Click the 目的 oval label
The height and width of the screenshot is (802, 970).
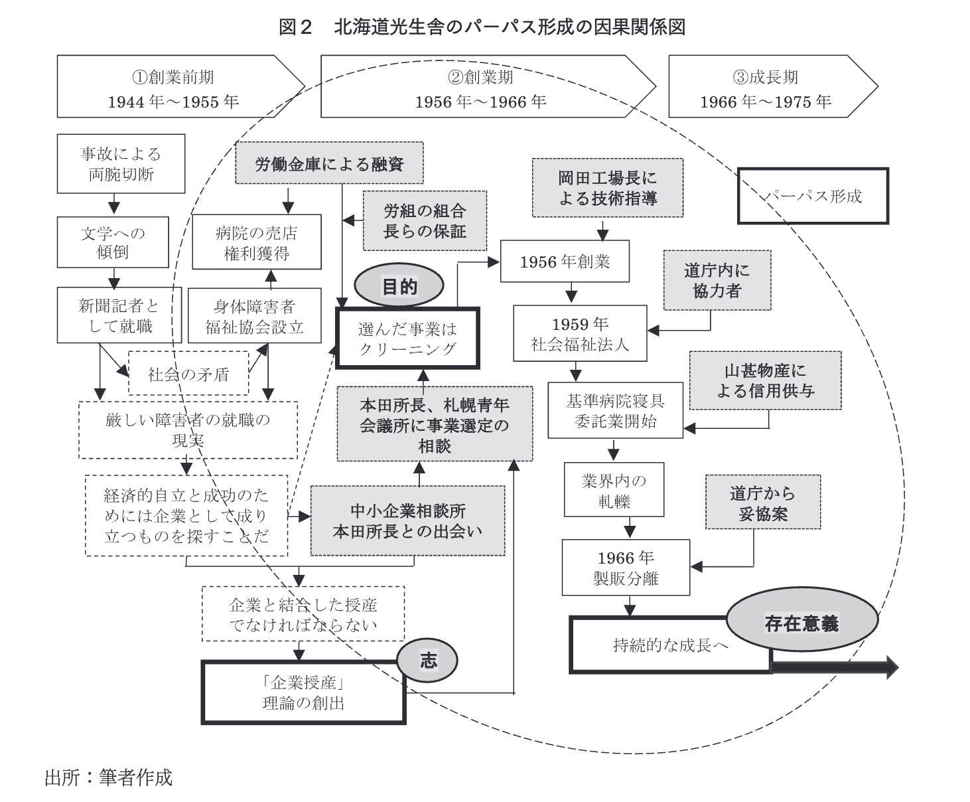(399, 285)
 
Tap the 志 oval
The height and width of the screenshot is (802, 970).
(427, 660)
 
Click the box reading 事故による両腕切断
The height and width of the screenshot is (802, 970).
(121, 164)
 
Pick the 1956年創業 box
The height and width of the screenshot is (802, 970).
(565, 262)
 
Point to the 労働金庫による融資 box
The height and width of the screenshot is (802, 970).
(329, 163)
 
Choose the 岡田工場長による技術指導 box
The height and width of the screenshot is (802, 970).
(608, 188)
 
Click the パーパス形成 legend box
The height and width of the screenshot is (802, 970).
(813, 197)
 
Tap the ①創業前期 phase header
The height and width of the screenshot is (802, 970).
(180, 86)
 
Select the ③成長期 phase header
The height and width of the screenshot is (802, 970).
(772, 86)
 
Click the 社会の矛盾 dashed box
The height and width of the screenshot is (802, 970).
(188, 373)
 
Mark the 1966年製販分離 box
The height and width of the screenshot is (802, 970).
(626, 567)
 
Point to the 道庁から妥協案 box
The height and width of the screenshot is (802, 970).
(763, 502)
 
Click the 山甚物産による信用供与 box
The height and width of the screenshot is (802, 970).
(765, 380)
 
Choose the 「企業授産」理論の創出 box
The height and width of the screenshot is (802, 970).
(303, 692)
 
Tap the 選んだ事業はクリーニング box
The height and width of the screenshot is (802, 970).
(407, 339)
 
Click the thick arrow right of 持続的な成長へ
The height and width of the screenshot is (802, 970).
(835, 668)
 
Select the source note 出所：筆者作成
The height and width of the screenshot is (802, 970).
(109, 777)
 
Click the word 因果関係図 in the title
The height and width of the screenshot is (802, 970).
(639, 27)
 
